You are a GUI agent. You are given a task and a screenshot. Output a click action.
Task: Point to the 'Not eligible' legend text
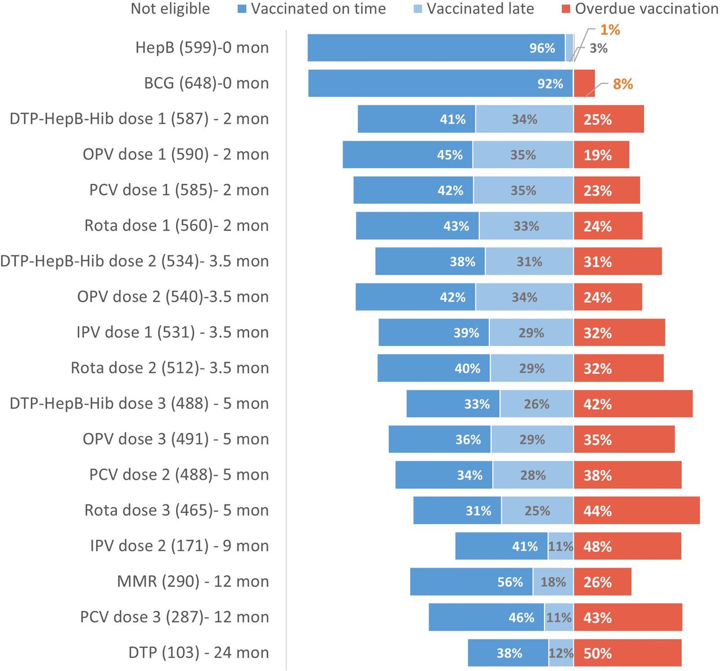pyautogui.click(x=170, y=9)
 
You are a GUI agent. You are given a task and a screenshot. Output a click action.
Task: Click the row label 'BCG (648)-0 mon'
pyautogui.click(x=206, y=83)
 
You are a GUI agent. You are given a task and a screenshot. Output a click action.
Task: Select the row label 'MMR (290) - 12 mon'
pyautogui.click(x=192, y=581)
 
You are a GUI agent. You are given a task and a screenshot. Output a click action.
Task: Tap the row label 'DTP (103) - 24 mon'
pyautogui.click(x=198, y=652)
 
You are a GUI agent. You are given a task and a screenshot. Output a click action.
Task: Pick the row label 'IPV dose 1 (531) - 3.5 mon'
pyautogui.click(x=172, y=332)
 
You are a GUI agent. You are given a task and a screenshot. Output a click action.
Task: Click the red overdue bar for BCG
pyautogui.click(x=584, y=83)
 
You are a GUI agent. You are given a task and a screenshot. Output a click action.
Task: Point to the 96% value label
pyautogui.click(x=542, y=48)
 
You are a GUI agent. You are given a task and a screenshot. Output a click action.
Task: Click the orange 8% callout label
pyautogui.click(x=623, y=84)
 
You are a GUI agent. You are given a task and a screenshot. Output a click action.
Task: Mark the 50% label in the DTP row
pyautogui.click(x=597, y=654)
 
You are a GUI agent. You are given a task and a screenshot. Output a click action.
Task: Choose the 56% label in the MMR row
pyautogui.click(x=510, y=582)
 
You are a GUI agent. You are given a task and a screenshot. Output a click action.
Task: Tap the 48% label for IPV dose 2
pyautogui.click(x=597, y=547)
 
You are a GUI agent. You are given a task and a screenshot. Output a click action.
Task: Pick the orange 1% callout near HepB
pyautogui.click(x=610, y=30)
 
